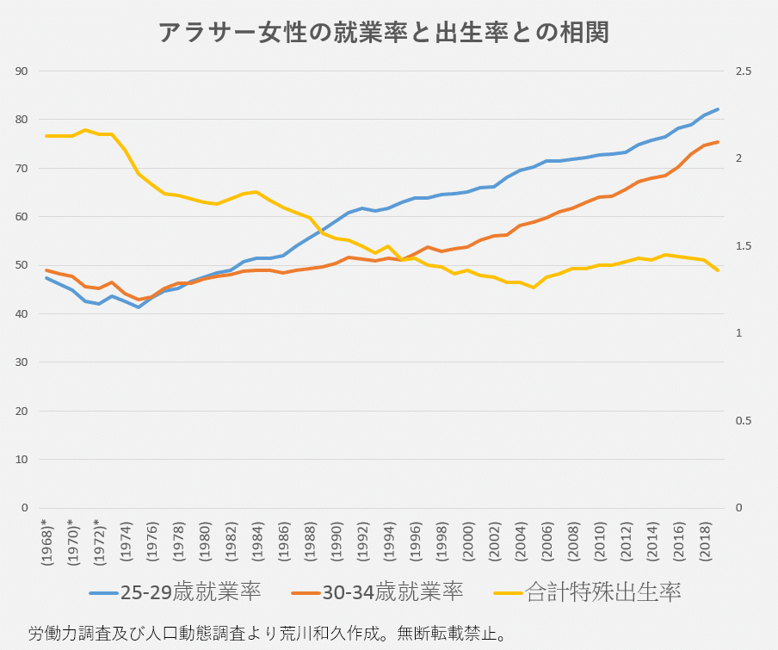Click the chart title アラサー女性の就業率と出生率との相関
pyautogui.click(x=385, y=33)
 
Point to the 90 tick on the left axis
pyautogui.click(x=23, y=71)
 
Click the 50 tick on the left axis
pyautogui.click(x=23, y=265)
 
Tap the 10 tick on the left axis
pyautogui.click(x=23, y=460)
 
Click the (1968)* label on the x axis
pyautogui.click(x=46, y=540)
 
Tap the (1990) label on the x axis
pyautogui.click(x=336, y=542)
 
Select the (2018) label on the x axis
pyautogui.click(x=704, y=542)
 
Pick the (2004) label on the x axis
pyautogui.click(x=520, y=542)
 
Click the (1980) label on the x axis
pyautogui.click(x=204, y=542)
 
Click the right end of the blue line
pyautogui.click(x=718, y=109)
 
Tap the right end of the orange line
pyautogui.click(x=718, y=142)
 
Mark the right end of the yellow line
pyautogui.click(x=718, y=270)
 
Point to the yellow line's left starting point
pyautogui.click(x=46, y=136)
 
